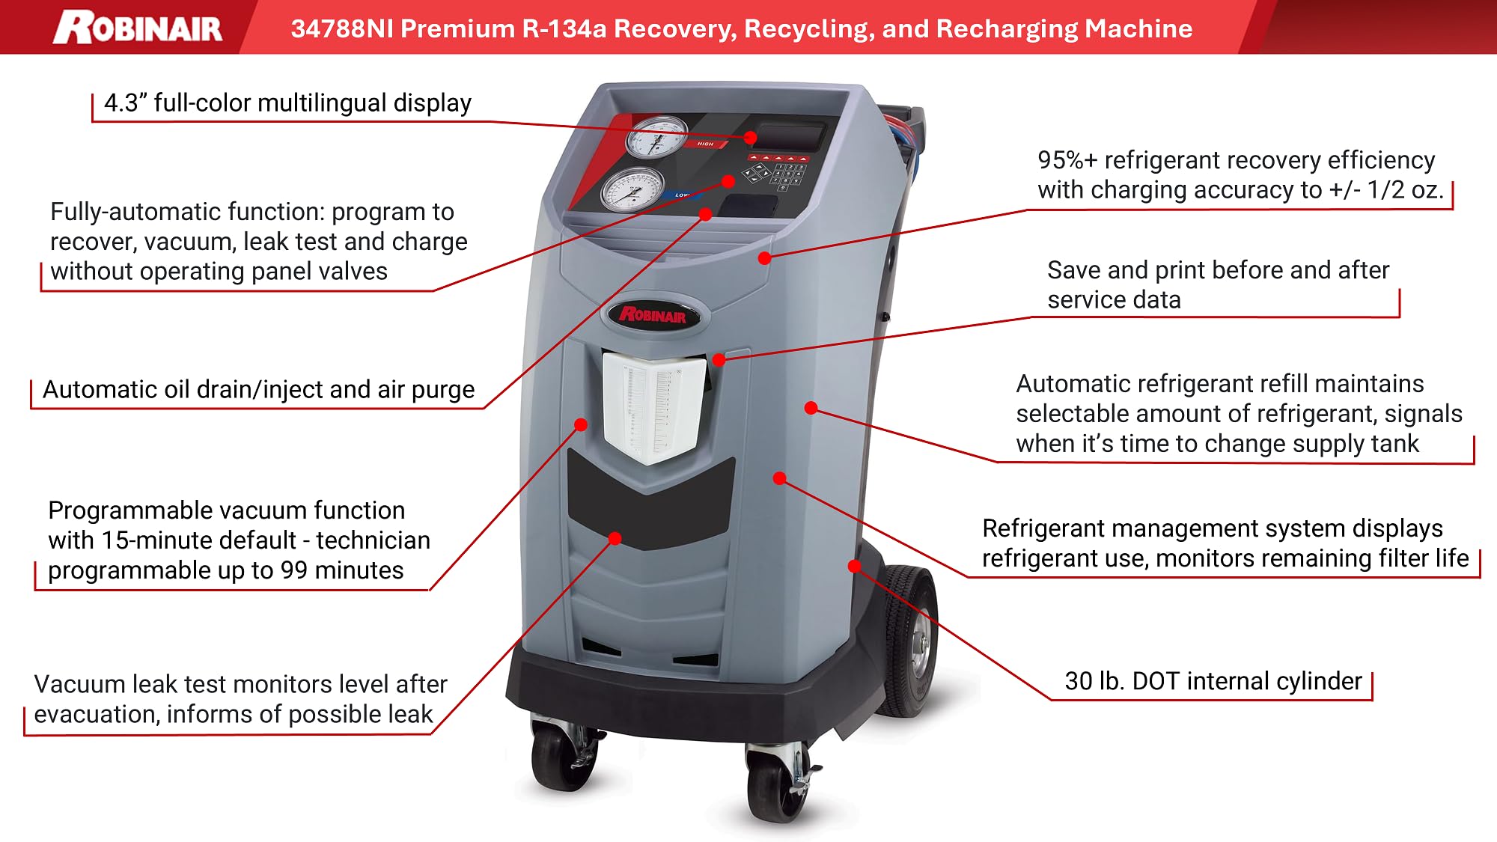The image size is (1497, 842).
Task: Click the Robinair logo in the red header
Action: pos(138,28)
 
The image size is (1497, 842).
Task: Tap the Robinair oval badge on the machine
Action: pos(653,315)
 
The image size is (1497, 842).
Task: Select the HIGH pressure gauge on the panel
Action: pos(656,137)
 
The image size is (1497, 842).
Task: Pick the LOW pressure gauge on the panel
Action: pos(632,189)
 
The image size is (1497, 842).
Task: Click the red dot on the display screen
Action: pos(751,138)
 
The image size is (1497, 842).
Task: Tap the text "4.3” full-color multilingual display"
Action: pos(287,103)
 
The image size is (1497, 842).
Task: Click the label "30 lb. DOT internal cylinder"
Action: pos(1213,681)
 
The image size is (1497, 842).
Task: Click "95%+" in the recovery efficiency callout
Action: pos(1067,160)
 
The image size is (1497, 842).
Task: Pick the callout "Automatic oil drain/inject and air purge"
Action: pos(258,390)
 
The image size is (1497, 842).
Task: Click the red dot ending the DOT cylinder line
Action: pos(854,566)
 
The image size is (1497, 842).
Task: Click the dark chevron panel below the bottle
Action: pos(650,501)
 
